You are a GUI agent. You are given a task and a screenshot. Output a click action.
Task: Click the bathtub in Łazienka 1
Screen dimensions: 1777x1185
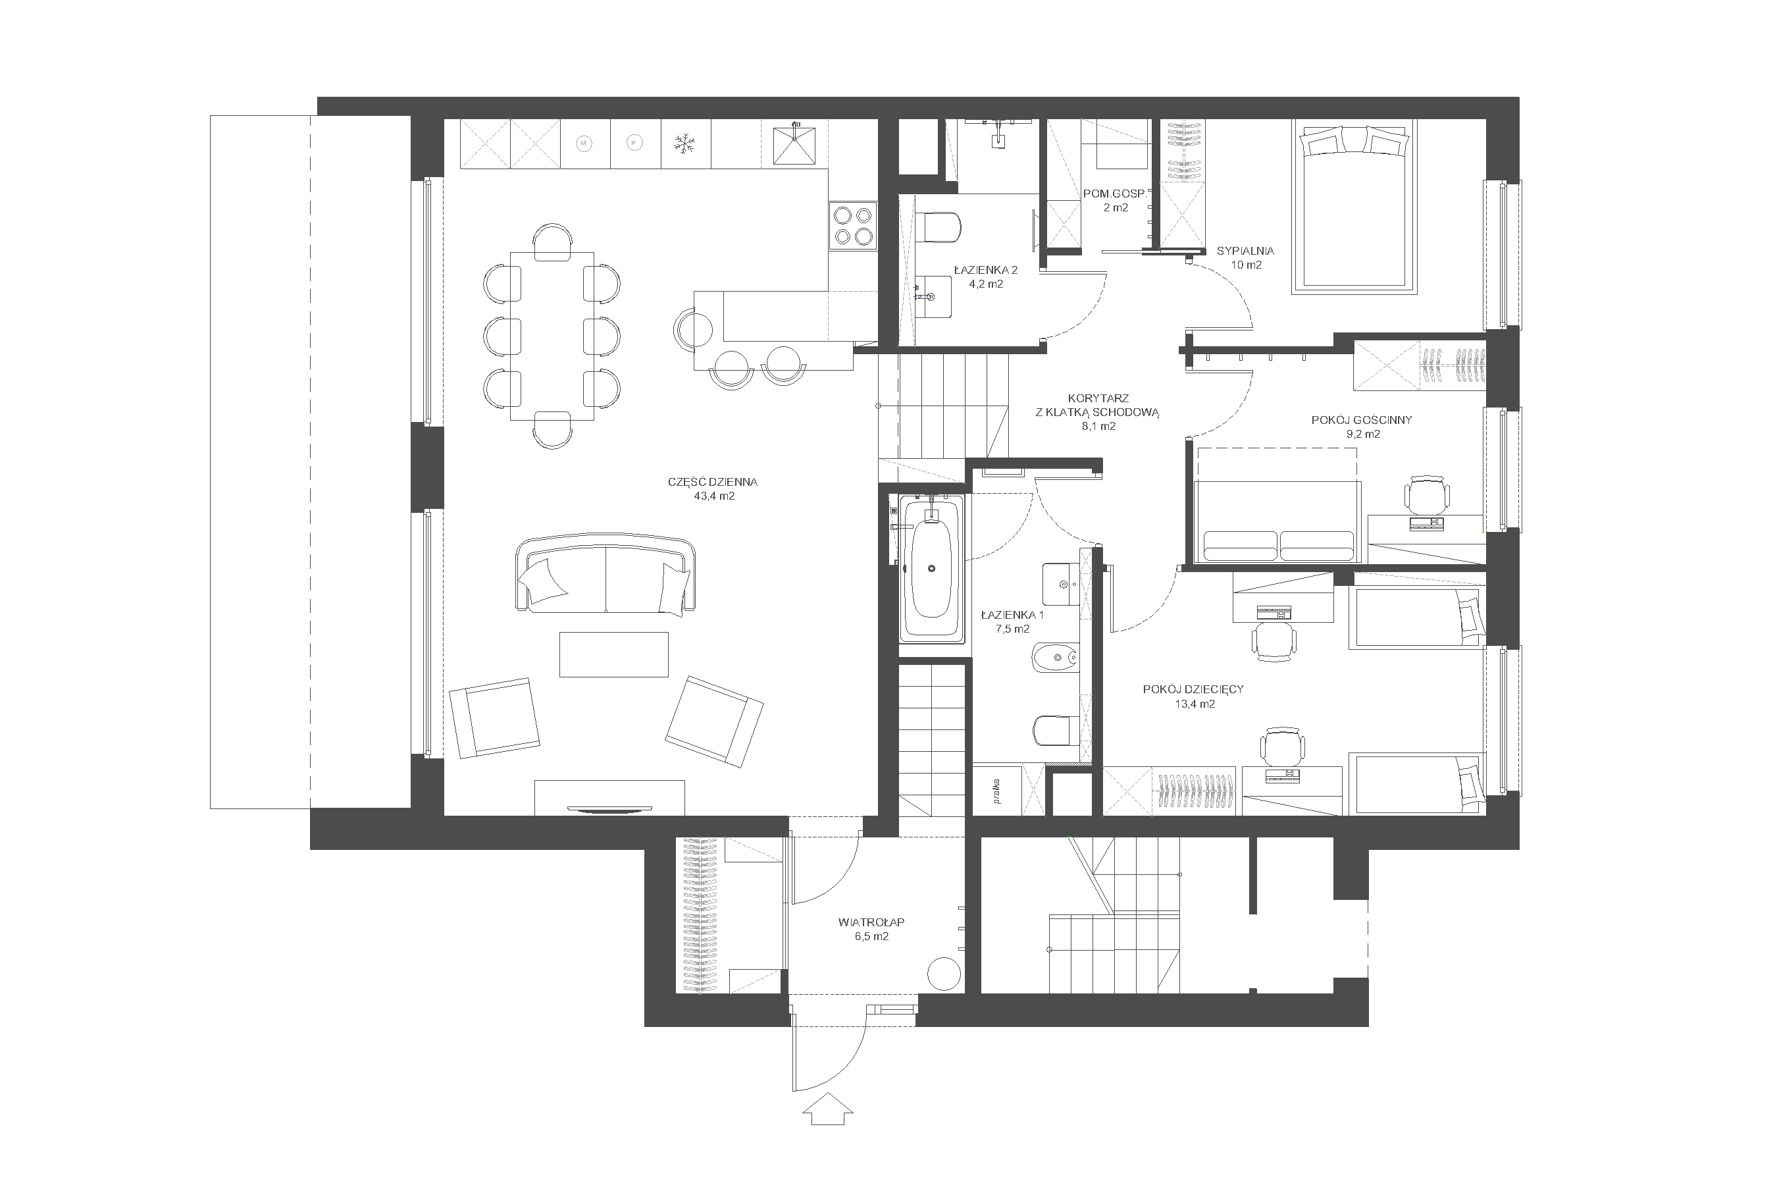[931, 568]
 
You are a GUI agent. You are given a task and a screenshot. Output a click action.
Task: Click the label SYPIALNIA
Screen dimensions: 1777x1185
[1245, 251]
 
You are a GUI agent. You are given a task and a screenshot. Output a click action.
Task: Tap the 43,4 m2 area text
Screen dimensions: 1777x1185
[714, 496]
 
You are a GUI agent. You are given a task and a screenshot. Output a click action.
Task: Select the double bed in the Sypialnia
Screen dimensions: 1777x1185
[1354, 205]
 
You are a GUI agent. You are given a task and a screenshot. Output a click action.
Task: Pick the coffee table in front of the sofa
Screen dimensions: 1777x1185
[613, 654]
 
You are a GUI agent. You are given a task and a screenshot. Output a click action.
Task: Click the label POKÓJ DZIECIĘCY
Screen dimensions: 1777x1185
[1193, 689]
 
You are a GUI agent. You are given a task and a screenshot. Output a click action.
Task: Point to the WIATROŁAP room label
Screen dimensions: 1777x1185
[871, 922]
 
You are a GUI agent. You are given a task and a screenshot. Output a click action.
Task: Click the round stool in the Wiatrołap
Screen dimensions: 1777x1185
[944, 974]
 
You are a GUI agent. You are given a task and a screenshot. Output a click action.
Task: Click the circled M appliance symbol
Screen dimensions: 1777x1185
[583, 144]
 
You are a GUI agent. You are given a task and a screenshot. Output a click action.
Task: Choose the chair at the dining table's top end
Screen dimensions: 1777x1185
[552, 242]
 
